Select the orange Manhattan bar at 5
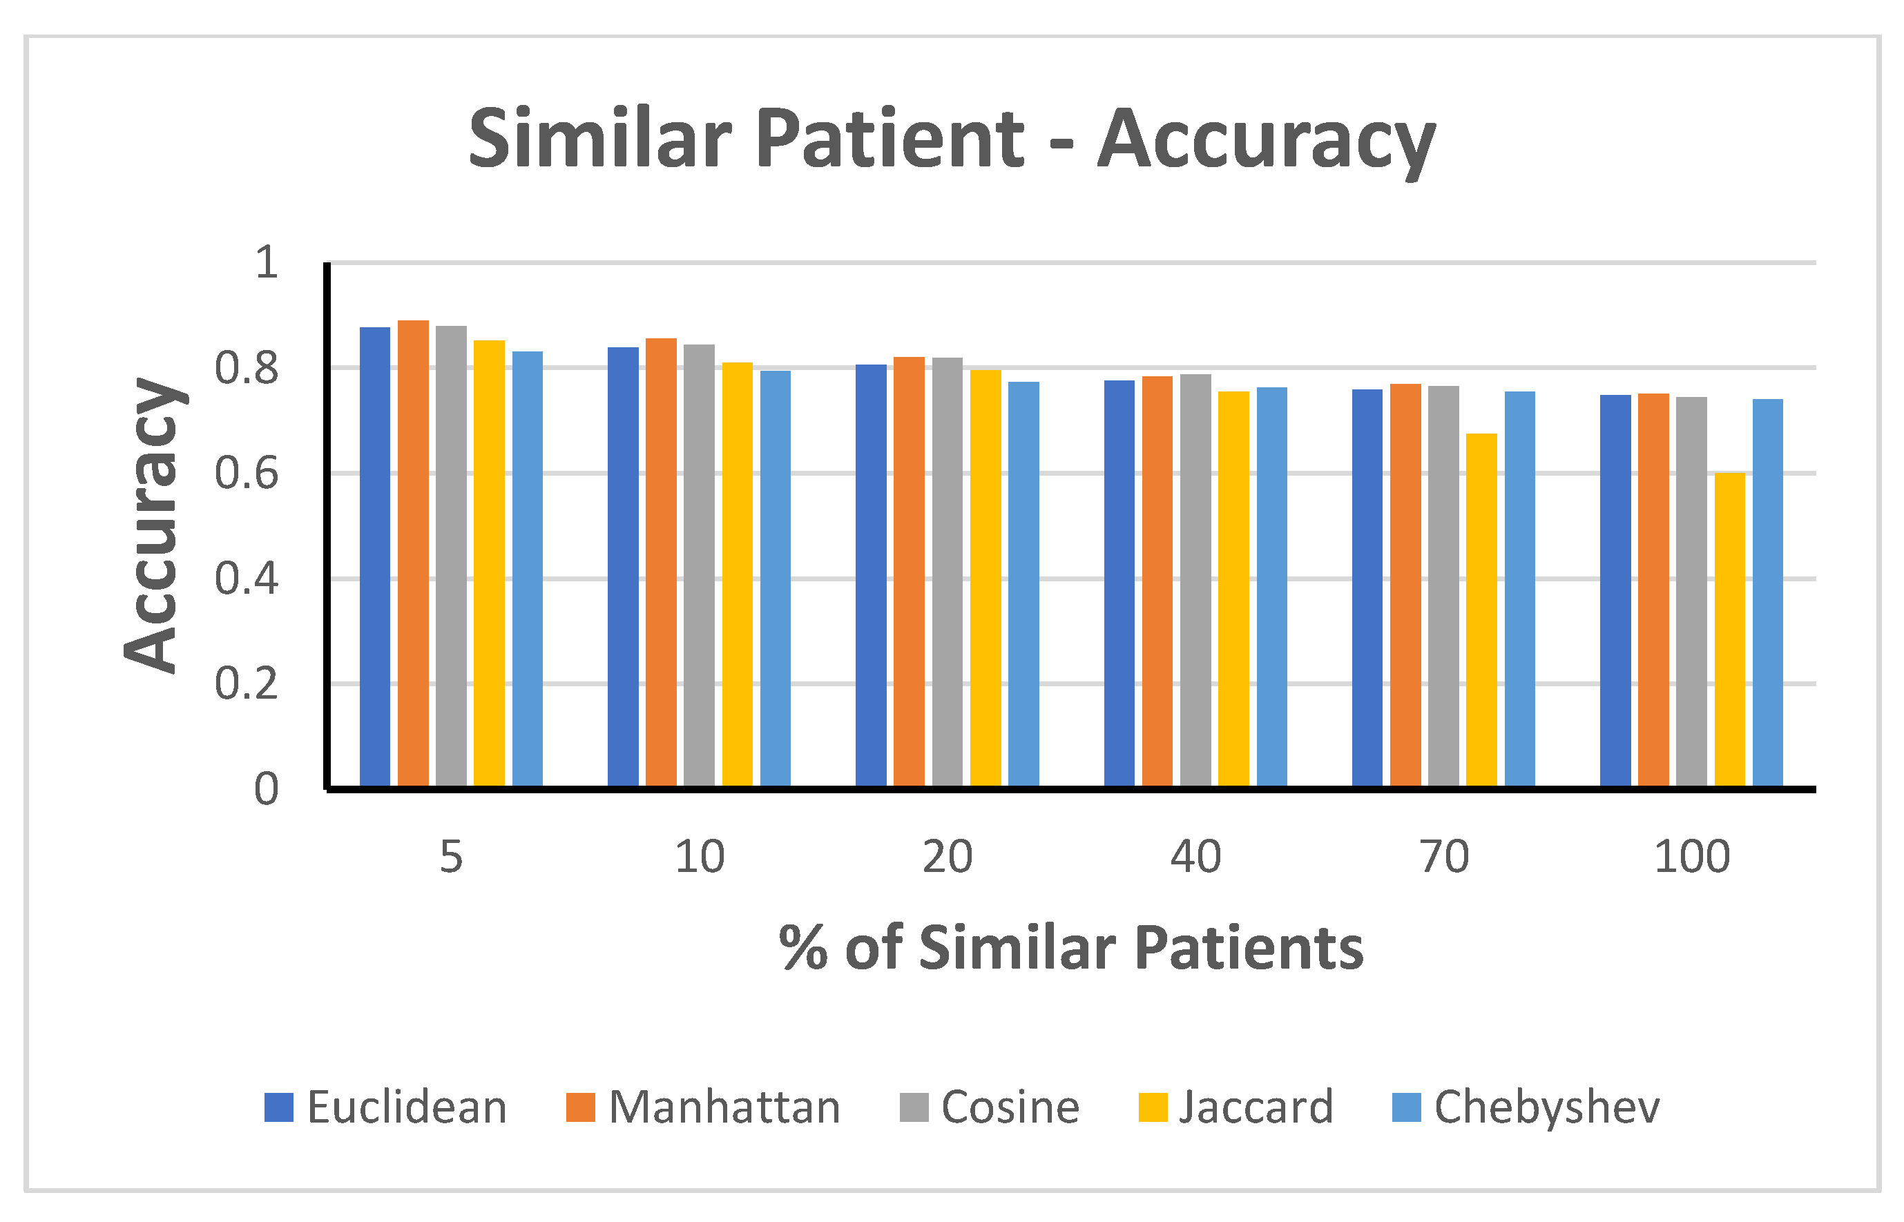[x=413, y=553]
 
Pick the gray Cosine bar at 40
[x=1195, y=580]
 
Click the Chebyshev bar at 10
[x=776, y=579]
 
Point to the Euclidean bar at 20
[x=871, y=575]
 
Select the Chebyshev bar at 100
[x=1767, y=593]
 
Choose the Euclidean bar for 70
[x=1367, y=588]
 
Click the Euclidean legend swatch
[x=278, y=1107]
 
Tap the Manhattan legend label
[x=724, y=1107]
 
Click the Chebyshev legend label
[x=1546, y=1107]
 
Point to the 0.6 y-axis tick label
[x=246, y=474]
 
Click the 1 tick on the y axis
[x=266, y=262]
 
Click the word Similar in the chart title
[x=600, y=139]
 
